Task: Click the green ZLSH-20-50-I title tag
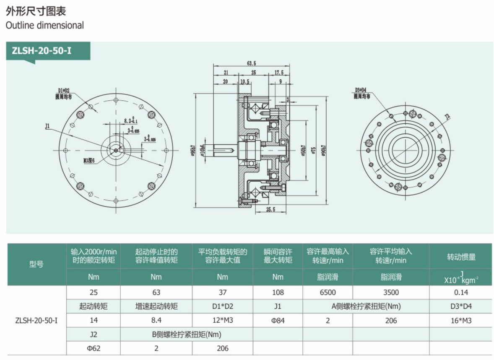pos(42,52)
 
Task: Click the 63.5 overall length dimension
pos(251,63)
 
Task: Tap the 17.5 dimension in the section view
pos(279,72)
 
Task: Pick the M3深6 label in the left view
pos(90,159)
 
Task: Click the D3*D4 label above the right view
pos(361,90)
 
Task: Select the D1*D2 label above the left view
pos(63,90)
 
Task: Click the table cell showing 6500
pos(328,292)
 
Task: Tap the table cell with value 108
pos(278,292)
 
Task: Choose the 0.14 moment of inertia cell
pos(460,292)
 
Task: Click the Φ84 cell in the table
pos(278,321)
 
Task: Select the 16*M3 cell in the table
pos(460,321)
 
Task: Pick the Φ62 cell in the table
pos(93,348)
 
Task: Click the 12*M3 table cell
pos(222,321)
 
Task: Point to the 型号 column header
pos(36,264)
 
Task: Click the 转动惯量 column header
pos(460,257)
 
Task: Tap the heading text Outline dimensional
pos(45,25)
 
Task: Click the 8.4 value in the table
pos(156,321)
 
